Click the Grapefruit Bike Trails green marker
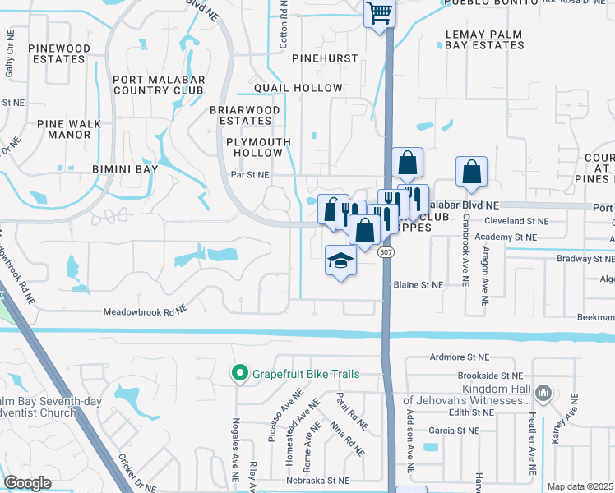(x=240, y=374)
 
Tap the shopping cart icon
(x=380, y=12)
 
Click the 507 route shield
(x=386, y=252)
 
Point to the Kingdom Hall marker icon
(x=542, y=394)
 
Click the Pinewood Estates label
(x=59, y=53)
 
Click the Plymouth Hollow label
(x=259, y=147)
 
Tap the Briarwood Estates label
(x=240, y=114)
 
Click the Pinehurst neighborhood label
(x=325, y=58)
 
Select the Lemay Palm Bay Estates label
(x=484, y=39)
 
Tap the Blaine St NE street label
(x=418, y=285)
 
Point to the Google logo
(x=27, y=483)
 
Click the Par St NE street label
(x=249, y=175)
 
